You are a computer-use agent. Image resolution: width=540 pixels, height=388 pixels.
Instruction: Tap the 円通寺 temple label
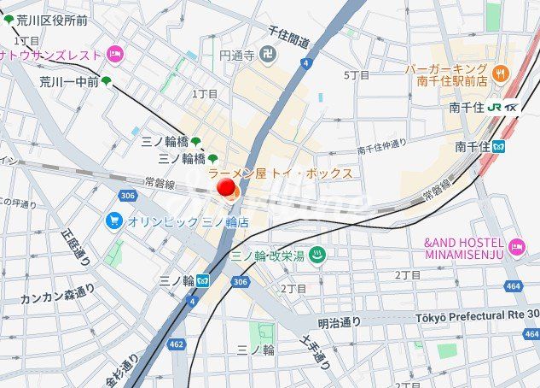237,56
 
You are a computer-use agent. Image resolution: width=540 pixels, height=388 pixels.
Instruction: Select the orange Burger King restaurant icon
501,69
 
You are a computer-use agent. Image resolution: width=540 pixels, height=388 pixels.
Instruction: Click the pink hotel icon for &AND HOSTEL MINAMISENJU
517,248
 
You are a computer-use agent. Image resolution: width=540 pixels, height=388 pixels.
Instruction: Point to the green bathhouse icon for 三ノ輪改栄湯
317,254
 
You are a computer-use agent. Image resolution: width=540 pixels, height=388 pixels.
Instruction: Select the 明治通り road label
340,322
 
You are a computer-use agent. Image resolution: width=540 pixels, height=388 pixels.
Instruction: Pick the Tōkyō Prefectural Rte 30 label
477,317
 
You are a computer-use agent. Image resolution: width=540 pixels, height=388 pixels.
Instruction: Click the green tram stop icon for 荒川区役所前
9,20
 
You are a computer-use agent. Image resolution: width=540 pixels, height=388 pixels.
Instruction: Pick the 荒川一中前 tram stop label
68,82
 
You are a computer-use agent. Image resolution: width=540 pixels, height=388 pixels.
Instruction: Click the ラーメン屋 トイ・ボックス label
280,173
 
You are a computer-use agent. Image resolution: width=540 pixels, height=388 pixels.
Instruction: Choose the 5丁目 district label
357,75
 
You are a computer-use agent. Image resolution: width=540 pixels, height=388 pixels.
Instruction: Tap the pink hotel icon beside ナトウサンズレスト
114,56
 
